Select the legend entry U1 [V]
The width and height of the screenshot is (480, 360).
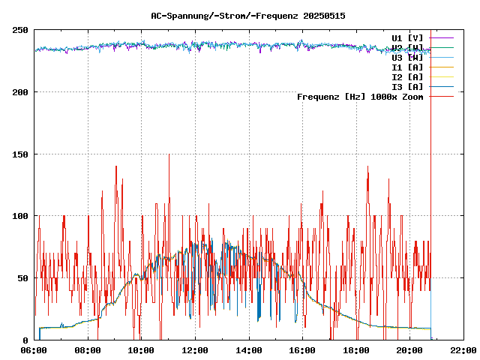point(407,37)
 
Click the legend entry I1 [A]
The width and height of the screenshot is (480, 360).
point(407,67)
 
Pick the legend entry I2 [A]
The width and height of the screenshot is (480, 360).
point(407,77)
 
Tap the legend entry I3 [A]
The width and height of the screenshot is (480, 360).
point(407,87)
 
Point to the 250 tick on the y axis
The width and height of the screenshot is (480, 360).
point(20,30)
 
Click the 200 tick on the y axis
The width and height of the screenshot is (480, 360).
point(20,92)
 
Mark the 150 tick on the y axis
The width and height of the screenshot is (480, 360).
point(20,154)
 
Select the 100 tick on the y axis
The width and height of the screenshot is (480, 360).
point(20,216)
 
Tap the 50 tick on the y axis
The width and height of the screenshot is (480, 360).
point(22,278)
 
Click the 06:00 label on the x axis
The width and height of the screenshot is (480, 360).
point(34,350)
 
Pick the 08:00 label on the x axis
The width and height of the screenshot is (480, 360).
point(88,350)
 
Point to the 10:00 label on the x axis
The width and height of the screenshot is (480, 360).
point(142,350)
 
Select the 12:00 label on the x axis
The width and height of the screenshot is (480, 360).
point(195,350)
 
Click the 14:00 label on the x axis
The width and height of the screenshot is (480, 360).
point(249,350)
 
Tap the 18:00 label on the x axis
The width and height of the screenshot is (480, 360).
point(356,350)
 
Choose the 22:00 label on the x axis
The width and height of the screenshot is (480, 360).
point(463,350)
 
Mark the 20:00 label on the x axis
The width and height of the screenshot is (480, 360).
point(409,350)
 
